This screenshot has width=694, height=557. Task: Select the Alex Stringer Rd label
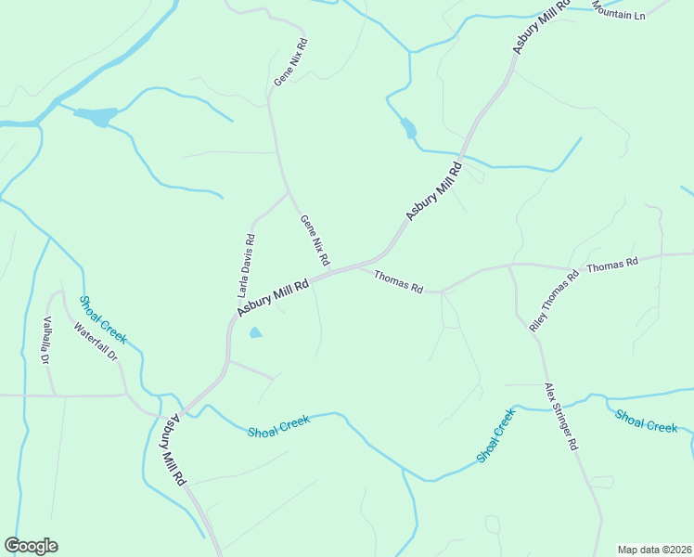[x=561, y=416]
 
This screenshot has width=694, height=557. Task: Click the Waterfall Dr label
[x=96, y=342]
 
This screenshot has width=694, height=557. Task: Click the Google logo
[x=31, y=546]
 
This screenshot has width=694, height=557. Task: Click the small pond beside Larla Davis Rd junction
[x=255, y=332]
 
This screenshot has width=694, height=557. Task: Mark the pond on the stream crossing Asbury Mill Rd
[x=407, y=128]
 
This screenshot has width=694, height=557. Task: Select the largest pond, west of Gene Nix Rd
[x=96, y=117]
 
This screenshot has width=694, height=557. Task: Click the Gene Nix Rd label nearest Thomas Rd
[x=315, y=239]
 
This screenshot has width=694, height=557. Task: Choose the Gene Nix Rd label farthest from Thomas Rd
[x=289, y=62]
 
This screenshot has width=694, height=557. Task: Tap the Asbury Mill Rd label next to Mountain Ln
[x=532, y=28]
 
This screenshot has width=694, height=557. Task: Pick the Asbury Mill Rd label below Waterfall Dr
[x=174, y=450]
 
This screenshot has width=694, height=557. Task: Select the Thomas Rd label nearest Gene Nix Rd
[x=398, y=281]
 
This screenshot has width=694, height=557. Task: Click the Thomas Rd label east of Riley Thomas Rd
[x=612, y=264]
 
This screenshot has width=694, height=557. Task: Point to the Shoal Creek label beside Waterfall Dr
[x=102, y=319]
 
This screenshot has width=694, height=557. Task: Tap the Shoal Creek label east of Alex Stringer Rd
[x=647, y=420]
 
